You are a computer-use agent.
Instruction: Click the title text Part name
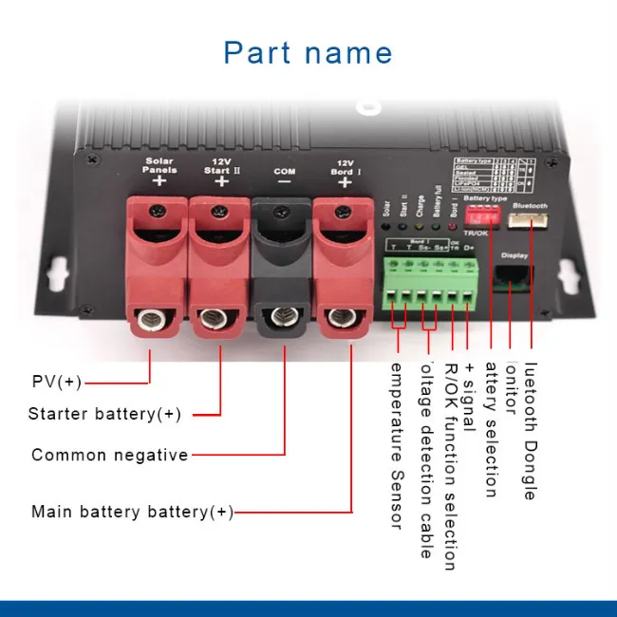pos(308,52)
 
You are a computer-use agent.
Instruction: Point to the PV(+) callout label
pos(57,383)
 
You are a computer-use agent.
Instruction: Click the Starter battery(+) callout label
pos(104,414)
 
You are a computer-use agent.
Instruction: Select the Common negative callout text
pos(110,455)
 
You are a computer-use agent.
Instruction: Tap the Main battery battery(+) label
pos(132,512)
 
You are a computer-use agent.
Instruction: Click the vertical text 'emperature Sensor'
pos(397,445)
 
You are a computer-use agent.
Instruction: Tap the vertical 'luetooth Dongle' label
pos(530,431)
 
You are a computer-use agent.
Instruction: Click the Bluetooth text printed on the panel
pos(530,203)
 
